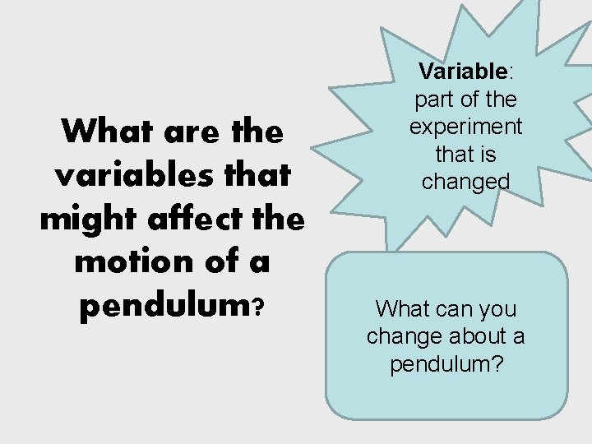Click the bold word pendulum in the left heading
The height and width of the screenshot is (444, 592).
click(x=164, y=306)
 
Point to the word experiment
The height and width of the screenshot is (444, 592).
click(x=466, y=127)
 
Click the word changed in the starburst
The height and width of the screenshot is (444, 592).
click(x=466, y=181)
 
